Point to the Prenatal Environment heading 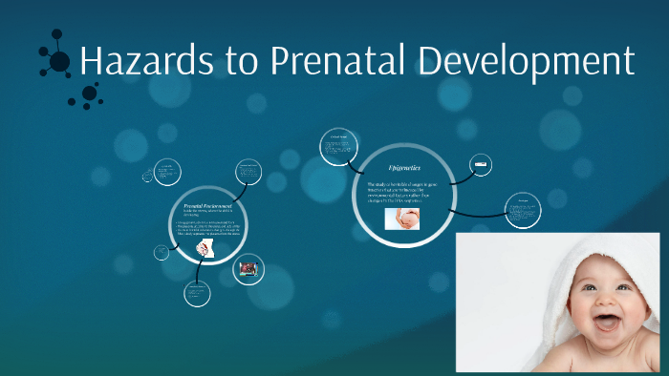(x=207, y=206)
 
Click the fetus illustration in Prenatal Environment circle (x=205, y=249)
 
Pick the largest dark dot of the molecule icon (x=59, y=62)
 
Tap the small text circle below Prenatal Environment (x=197, y=293)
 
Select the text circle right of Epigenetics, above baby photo (x=523, y=210)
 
